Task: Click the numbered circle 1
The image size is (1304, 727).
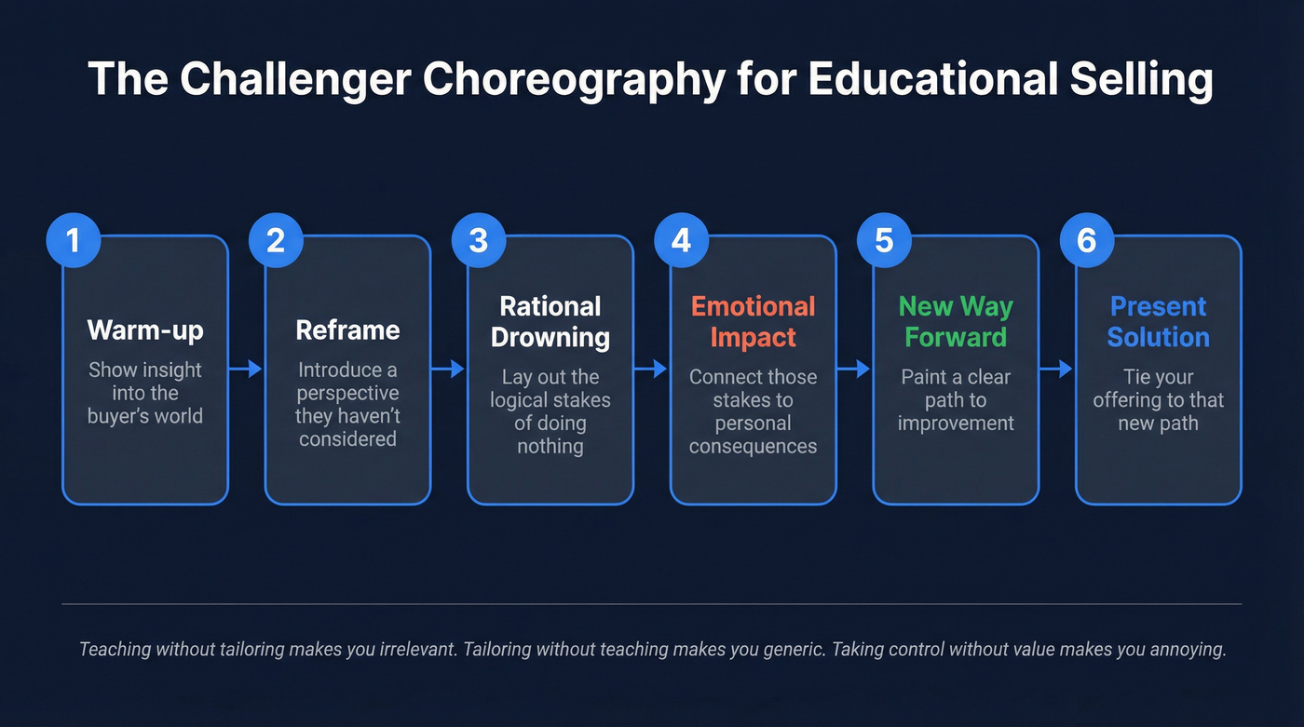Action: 72,241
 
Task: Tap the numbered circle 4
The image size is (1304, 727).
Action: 681,241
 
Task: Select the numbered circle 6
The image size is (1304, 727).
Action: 1086,241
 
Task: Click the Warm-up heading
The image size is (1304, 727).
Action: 145,330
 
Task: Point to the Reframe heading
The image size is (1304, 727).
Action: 347,330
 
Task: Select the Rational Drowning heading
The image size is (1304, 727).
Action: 550,322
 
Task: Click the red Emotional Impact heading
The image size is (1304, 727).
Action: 753,322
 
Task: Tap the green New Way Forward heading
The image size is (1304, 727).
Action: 956,322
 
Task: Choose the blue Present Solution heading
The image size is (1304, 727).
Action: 1159,322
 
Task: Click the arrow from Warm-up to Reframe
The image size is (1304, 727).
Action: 247,370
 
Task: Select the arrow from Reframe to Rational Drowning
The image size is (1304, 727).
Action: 449,370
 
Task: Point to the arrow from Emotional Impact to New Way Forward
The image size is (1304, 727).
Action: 854,370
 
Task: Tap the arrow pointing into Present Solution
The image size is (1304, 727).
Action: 1057,370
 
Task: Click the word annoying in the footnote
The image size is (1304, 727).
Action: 1185,649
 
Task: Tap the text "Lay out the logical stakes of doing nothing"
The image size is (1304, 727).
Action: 550,411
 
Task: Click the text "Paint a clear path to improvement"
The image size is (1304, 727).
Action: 956,400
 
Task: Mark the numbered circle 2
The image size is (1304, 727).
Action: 275,241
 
